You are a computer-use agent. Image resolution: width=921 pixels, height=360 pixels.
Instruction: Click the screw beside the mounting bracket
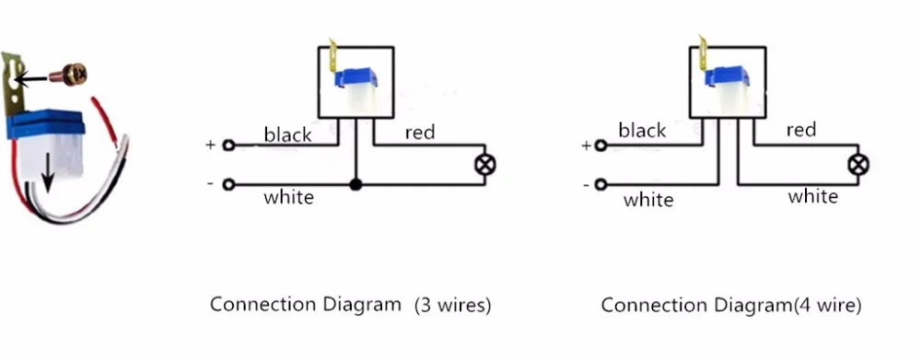tap(68, 75)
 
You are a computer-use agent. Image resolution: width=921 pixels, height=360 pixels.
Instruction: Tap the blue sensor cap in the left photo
tap(46, 125)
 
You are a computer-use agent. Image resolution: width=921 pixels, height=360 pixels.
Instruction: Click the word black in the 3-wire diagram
tap(287, 134)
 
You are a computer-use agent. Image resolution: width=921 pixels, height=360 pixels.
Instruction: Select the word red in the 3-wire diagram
tap(420, 133)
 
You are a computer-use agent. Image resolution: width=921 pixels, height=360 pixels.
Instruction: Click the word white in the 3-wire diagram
tap(288, 197)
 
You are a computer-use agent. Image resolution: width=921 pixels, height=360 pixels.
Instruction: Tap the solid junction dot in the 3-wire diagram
tap(355, 185)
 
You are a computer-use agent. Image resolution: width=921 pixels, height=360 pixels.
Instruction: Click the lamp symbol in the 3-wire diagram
tap(484, 165)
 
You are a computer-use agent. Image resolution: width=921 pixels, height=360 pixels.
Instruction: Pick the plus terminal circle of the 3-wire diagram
tap(229, 145)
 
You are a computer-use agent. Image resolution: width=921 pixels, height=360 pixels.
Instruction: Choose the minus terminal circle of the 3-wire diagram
tap(229, 185)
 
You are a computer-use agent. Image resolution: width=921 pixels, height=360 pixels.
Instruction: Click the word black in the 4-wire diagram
tap(642, 131)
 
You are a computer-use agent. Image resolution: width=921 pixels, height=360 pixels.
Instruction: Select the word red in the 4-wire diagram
tap(801, 130)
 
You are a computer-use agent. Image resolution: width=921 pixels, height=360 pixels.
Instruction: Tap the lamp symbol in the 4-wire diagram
tap(858, 165)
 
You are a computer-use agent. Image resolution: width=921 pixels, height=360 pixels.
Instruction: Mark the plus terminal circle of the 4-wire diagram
tap(600, 145)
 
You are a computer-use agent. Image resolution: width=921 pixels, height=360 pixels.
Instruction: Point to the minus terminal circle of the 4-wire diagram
tap(600, 185)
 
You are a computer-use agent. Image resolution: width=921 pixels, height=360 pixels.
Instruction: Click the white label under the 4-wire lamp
tap(813, 196)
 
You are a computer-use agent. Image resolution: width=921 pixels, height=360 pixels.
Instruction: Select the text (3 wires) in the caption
tap(452, 306)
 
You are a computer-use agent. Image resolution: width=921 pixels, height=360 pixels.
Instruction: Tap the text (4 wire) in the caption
tap(827, 306)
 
